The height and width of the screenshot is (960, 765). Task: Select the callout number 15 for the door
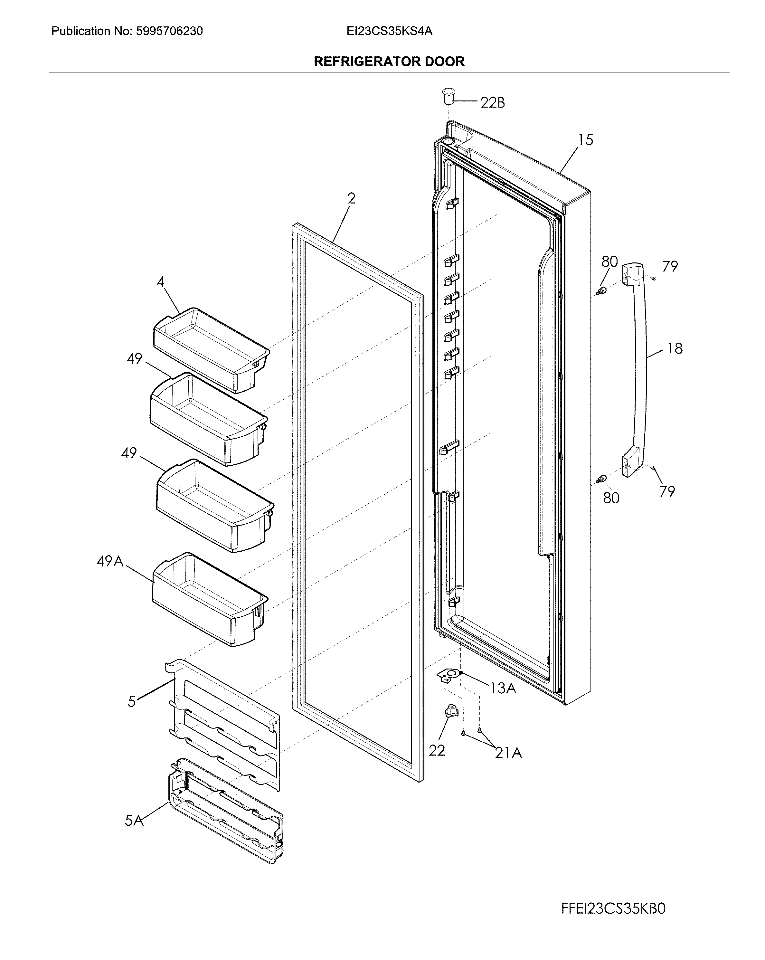[x=586, y=140]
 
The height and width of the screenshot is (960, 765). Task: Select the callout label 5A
[x=134, y=820]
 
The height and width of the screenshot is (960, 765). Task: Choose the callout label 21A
[x=508, y=753]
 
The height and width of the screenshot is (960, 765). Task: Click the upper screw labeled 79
[x=653, y=278]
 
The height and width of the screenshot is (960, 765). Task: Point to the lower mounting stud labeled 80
[x=602, y=479]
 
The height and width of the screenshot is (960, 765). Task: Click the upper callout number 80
[x=609, y=261]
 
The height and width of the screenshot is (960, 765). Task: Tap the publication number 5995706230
[x=169, y=31]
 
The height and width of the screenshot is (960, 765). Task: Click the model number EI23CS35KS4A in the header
[x=389, y=31]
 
